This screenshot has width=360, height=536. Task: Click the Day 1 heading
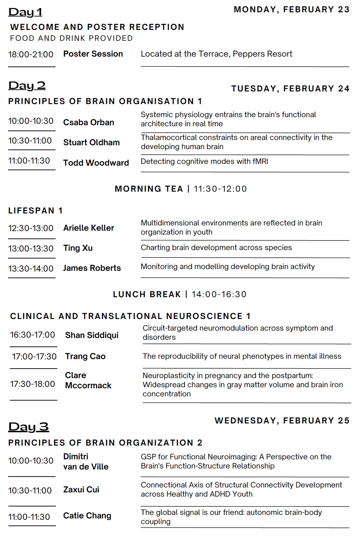[25, 12]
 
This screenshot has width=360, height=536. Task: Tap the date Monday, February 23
[291, 9]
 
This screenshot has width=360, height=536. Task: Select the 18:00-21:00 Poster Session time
[31, 54]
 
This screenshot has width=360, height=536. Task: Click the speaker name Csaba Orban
[89, 122]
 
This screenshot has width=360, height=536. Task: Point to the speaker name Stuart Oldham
[91, 142]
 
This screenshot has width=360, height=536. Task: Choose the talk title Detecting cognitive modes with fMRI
[204, 161]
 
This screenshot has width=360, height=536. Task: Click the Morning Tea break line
[181, 189]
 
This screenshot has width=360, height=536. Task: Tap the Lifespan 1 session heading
[36, 211]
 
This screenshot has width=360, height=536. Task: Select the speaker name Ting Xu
[78, 248]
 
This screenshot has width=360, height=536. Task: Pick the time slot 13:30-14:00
[31, 269]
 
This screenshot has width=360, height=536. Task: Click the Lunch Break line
[180, 294]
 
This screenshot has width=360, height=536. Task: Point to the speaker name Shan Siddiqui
[92, 335]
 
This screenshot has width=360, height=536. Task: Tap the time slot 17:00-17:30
[34, 357]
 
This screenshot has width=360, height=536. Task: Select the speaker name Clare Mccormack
[88, 381]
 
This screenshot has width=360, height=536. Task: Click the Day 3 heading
[28, 427]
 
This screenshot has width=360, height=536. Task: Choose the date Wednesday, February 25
[282, 421]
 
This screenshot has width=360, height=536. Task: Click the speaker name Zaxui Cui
[81, 490]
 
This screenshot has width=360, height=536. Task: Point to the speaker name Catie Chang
[87, 516]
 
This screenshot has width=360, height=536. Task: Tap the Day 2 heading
[27, 85]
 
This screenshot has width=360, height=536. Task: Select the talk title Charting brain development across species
[216, 248]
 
